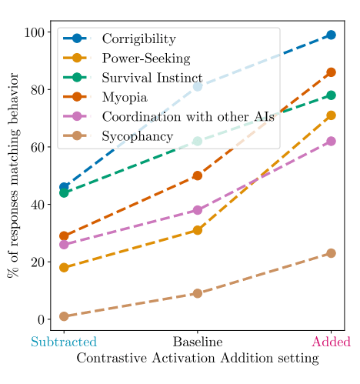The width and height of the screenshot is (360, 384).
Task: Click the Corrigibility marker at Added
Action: [x=331, y=35]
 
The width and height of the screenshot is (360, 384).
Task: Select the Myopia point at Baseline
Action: [x=198, y=175]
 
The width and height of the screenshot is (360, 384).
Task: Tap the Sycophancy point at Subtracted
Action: [x=64, y=316]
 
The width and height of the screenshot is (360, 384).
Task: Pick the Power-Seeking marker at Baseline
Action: [x=198, y=230]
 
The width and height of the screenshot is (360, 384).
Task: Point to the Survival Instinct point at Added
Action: [x=331, y=95]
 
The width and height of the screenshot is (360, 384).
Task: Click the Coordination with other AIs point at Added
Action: [x=331, y=141]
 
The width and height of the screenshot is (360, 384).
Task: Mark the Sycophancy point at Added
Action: [x=331, y=253]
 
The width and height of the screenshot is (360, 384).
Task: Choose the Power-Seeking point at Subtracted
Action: [x=64, y=268]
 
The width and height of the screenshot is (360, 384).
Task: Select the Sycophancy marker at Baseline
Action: [x=198, y=293]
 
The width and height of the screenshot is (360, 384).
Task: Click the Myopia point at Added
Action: [x=331, y=72]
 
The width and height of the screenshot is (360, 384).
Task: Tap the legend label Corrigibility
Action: [x=139, y=39]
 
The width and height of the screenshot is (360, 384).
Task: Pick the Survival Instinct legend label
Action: [x=152, y=78]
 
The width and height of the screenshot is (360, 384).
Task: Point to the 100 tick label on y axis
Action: [x=34, y=32]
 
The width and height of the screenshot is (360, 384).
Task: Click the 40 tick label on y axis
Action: [x=38, y=205]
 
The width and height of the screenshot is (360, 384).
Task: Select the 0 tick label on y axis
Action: [x=41, y=319]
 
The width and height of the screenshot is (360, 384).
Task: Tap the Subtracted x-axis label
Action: [x=64, y=342]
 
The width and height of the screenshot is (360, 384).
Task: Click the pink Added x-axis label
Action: [x=331, y=342]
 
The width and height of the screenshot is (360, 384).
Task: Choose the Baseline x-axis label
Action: [x=198, y=342]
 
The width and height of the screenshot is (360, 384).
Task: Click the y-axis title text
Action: [x=13, y=175]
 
